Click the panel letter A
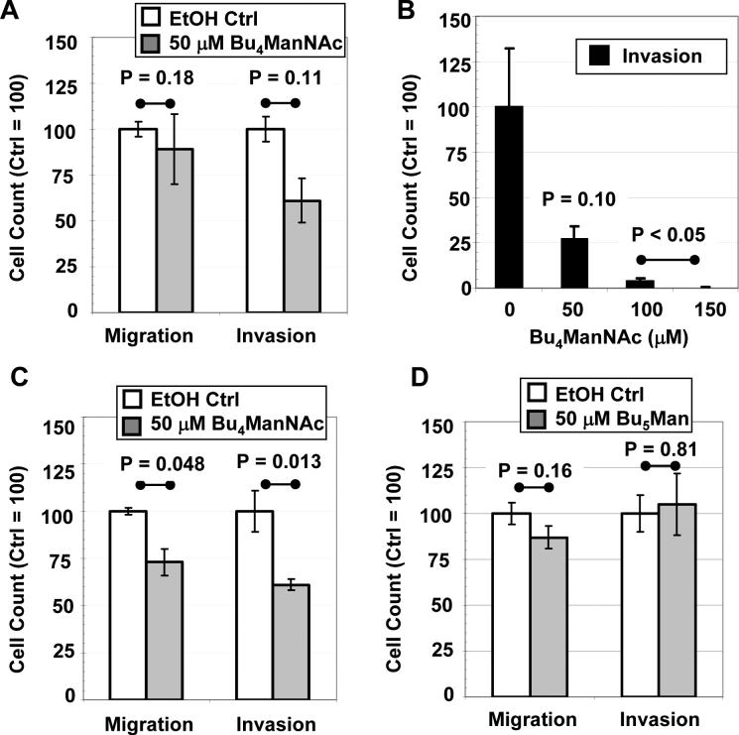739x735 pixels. coord(14,12)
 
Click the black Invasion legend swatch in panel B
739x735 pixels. coord(595,56)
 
